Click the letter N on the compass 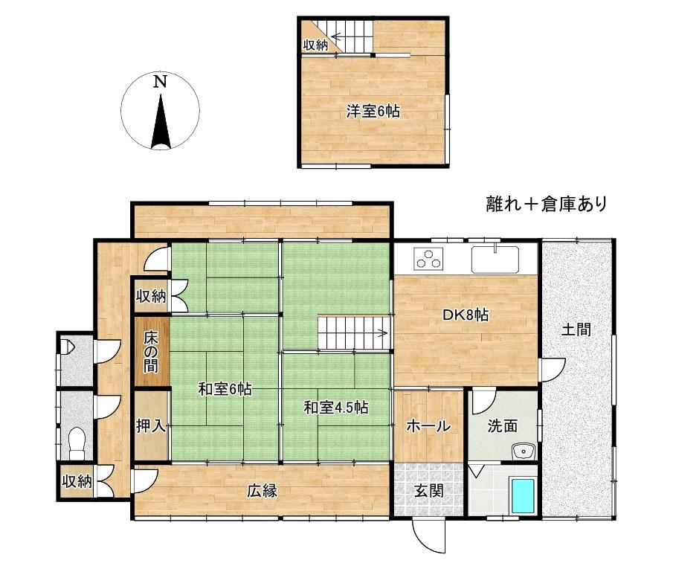[159, 82]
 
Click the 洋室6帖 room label [373, 112]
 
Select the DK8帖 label [466, 315]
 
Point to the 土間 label [576, 329]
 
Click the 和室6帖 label [224, 388]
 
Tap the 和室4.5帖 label [336, 407]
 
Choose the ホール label [428, 426]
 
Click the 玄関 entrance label [428, 490]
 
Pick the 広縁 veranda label [263, 491]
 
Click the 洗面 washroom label [503, 426]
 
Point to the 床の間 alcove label [151, 350]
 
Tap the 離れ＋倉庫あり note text [547, 203]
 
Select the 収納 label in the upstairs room [315, 45]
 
